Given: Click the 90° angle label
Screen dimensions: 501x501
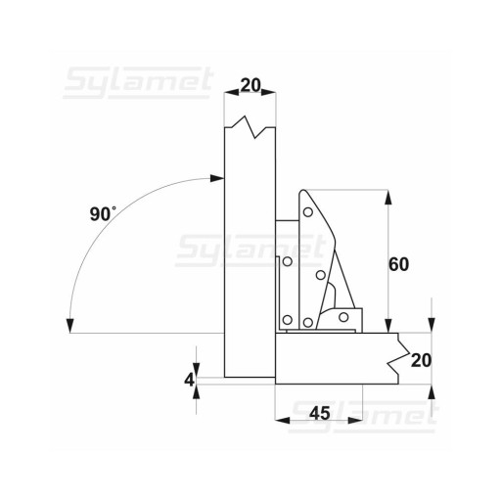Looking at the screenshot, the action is click(x=103, y=213).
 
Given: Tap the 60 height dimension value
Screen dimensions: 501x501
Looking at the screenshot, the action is click(x=398, y=264).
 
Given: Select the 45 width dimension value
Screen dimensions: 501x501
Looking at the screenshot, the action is click(x=320, y=413).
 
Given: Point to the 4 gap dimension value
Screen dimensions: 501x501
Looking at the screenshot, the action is click(x=189, y=380).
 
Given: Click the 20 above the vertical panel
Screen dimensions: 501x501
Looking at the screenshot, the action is click(x=250, y=85).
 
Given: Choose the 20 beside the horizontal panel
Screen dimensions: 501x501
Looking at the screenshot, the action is click(x=421, y=360).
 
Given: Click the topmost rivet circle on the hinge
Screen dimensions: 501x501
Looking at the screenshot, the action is click(x=307, y=212).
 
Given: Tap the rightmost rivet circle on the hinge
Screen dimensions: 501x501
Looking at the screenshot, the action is click(x=343, y=317).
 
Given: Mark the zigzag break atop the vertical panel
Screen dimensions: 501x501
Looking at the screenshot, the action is click(x=250, y=127).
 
